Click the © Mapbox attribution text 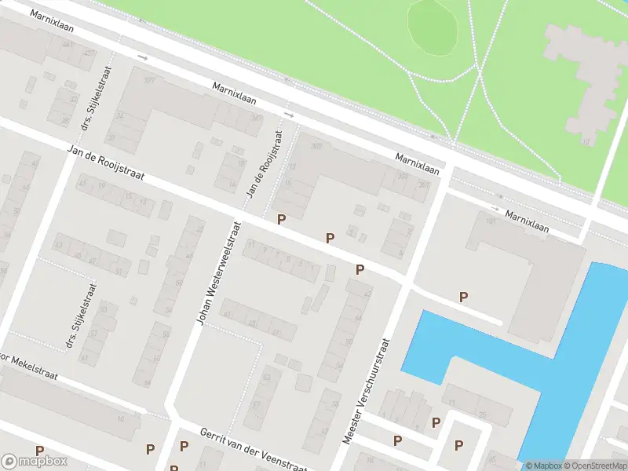pyautogui.click(x=544, y=466)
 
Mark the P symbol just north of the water pyautogui.click(x=463, y=297)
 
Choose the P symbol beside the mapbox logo pyautogui.click(x=39, y=451)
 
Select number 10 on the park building pyautogui.click(x=586, y=141)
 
